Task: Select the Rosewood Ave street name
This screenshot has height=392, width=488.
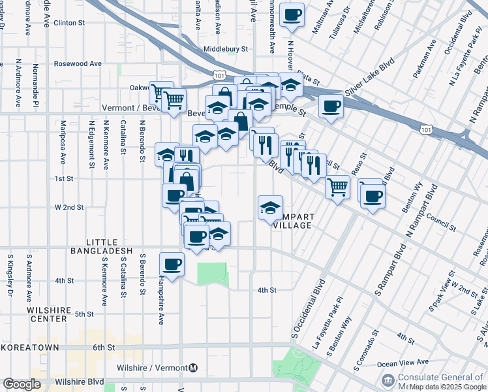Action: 78,64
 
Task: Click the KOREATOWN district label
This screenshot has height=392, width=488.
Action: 30,348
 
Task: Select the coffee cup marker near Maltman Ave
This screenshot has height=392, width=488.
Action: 292,16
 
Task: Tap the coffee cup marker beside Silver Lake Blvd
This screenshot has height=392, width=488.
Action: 331,106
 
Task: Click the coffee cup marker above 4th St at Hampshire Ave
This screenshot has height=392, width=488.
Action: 172,265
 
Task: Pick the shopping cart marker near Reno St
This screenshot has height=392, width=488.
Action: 337,188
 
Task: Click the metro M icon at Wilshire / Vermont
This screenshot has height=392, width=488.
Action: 193,368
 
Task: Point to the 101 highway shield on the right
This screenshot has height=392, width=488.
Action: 425,131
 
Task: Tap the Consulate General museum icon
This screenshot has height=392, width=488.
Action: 389,380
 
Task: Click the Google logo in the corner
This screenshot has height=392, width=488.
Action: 22,384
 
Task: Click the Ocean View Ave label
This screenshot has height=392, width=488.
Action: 404,362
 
